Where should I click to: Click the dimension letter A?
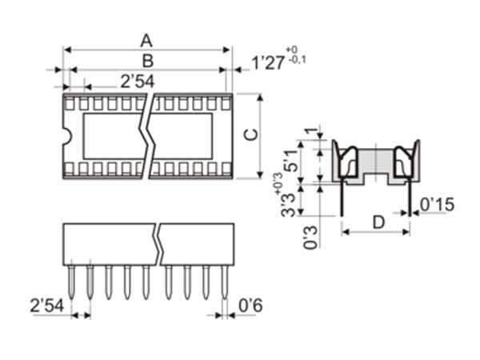pyautogui.click(x=146, y=39)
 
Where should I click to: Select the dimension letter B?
pyautogui.click(x=147, y=60)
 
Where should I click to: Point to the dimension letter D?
pyautogui.click(x=378, y=222)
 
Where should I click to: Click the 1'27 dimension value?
pyautogui.click(x=268, y=62)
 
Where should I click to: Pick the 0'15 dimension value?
pyautogui.click(x=437, y=205)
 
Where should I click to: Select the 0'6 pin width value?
pyautogui.click(x=250, y=305)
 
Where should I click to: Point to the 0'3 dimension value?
pyautogui.click(x=310, y=238)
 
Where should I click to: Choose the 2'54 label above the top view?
pyautogui.click(x=138, y=81)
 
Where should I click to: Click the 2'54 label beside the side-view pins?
pyautogui.click(x=47, y=305)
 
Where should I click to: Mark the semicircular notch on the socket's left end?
pyautogui.click(x=67, y=136)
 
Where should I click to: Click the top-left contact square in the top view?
pyautogui.click(x=70, y=103)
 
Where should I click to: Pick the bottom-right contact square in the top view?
pyautogui.click(x=226, y=168)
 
